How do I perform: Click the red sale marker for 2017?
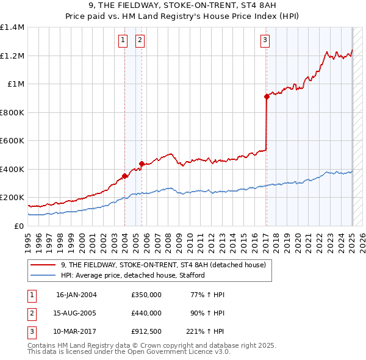(x=267, y=96)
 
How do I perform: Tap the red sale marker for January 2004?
(x=124, y=176)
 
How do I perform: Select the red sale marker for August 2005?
(x=142, y=164)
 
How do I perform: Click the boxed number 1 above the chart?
(x=123, y=41)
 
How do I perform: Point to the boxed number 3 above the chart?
(x=265, y=41)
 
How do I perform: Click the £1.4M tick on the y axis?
(x=12, y=27)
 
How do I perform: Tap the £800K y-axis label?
(x=12, y=112)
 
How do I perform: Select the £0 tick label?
(x=19, y=226)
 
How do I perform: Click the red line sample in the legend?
(x=43, y=265)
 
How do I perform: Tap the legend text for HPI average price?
(x=134, y=275)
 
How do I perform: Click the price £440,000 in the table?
(x=146, y=313)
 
